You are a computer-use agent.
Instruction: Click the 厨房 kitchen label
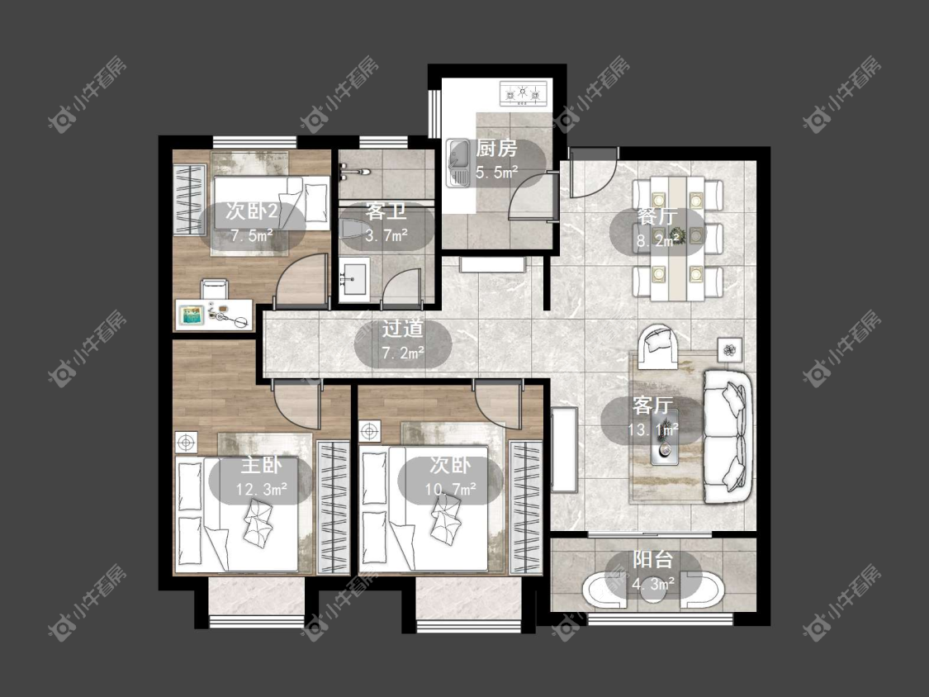click(496, 148)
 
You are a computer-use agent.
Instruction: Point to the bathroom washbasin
click(354, 276)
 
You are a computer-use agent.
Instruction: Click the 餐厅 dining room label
click(656, 216)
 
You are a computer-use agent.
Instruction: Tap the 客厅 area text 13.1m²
click(653, 429)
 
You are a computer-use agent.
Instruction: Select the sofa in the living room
click(728, 437)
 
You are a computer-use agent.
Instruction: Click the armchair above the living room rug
click(659, 344)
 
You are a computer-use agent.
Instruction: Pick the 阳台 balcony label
click(653, 559)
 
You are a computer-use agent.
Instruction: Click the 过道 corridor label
click(402, 329)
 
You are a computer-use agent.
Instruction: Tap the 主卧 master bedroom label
click(261, 465)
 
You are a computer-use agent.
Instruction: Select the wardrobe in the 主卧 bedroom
click(334, 507)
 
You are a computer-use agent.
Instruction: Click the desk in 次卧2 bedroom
click(213, 315)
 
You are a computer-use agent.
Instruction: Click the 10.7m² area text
click(450, 489)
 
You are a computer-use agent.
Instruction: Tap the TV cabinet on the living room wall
click(564, 450)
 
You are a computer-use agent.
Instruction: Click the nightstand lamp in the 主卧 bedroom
click(186, 442)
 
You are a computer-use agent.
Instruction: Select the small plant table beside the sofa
click(730, 349)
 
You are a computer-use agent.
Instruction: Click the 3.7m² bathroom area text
click(386, 235)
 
